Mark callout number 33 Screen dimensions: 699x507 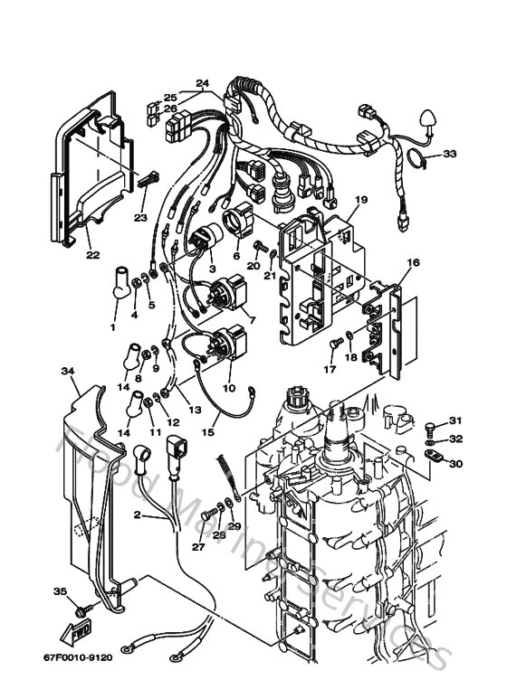pos(450,154)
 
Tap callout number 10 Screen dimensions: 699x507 pos(228,388)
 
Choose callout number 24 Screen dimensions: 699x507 pos(201,83)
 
